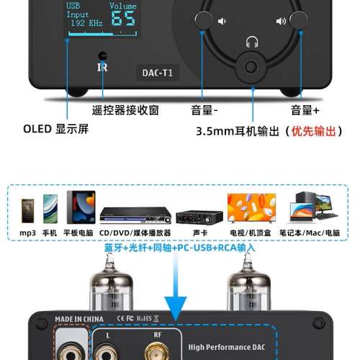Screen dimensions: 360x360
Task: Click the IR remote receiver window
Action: pos(102,56)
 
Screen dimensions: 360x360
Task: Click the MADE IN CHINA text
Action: pos(79,318)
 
